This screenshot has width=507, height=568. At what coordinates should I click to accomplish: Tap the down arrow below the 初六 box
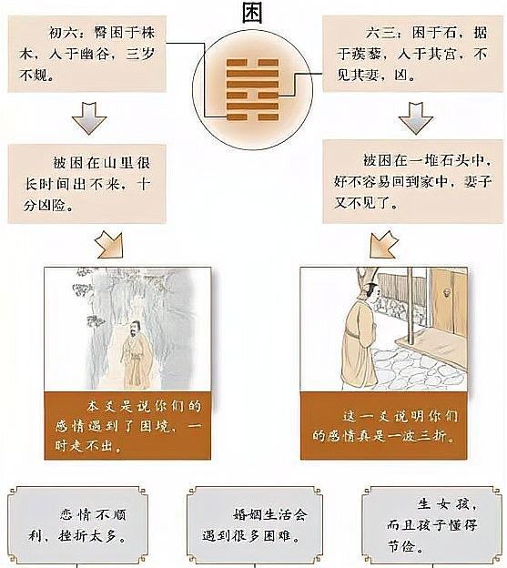(89, 117)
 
